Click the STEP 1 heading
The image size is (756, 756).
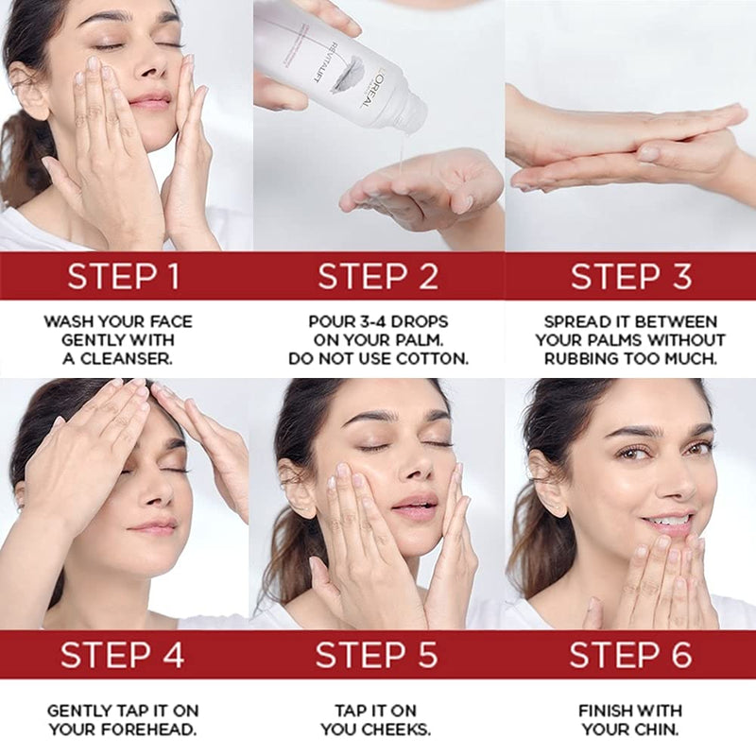(x=124, y=276)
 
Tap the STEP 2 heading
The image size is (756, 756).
(x=378, y=276)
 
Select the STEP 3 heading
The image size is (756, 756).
(x=631, y=276)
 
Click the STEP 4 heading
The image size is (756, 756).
(x=122, y=654)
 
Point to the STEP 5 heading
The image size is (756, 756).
(x=376, y=654)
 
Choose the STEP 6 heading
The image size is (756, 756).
(x=630, y=654)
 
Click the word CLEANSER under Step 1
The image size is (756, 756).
(x=127, y=359)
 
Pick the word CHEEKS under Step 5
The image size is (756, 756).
(x=395, y=730)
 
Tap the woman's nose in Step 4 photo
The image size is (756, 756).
(x=153, y=495)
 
